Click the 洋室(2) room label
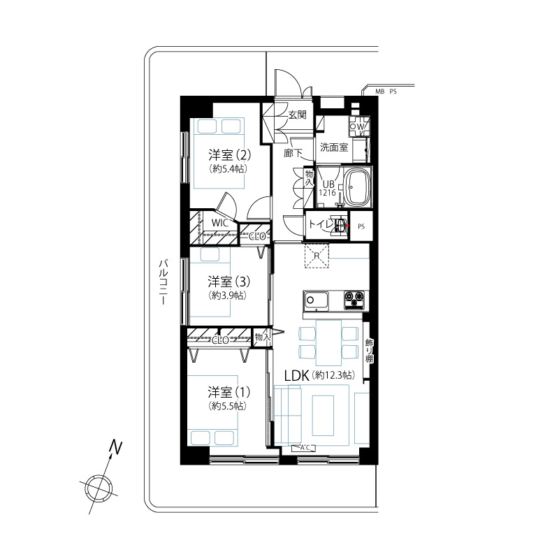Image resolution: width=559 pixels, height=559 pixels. (230, 155)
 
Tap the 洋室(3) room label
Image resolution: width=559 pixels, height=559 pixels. (229, 282)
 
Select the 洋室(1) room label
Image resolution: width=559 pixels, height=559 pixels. (229, 392)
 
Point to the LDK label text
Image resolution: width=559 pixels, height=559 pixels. (296, 376)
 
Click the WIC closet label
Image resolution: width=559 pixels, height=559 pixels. (220, 223)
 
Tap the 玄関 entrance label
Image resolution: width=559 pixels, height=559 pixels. (298, 115)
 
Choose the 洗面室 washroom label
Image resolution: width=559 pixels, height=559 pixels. (334, 147)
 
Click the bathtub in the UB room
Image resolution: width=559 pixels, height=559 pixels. (357, 187)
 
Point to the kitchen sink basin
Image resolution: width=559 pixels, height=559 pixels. (316, 300)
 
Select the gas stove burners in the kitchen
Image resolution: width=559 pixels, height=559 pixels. (354, 300)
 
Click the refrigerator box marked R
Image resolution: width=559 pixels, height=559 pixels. (317, 256)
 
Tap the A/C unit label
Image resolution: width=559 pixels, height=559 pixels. (304, 448)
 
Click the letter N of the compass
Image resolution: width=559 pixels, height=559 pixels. (116, 447)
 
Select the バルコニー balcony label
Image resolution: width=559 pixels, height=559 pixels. (164, 282)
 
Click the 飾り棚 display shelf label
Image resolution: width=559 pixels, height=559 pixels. (369, 351)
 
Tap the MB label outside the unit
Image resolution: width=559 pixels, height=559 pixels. (380, 92)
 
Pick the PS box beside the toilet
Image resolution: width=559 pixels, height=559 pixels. (361, 226)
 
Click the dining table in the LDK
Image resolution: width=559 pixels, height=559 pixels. (328, 342)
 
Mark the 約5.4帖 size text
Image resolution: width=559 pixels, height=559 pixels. (228, 168)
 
